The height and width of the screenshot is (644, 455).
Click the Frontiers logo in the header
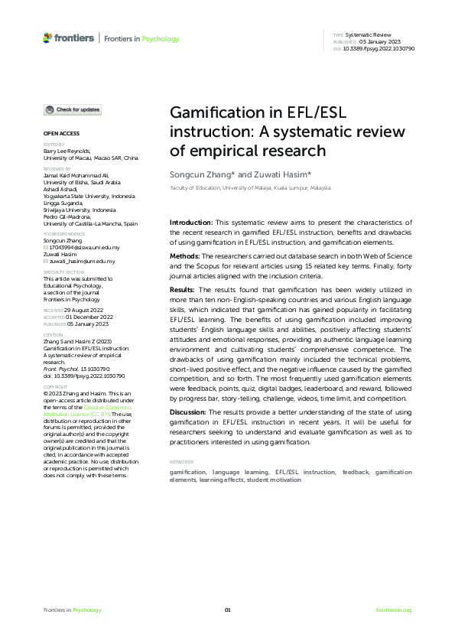click(x=69, y=38)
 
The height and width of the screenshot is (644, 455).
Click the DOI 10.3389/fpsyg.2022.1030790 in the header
click(x=380, y=48)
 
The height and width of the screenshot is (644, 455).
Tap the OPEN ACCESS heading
click(x=58, y=133)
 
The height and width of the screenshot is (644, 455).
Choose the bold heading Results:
click(x=184, y=290)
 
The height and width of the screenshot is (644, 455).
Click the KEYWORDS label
click(x=181, y=462)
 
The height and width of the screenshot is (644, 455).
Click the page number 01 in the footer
click(x=227, y=610)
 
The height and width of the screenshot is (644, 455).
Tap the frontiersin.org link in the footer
click(x=394, y=610)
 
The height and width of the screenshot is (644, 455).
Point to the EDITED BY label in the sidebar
click(x=54, y=144)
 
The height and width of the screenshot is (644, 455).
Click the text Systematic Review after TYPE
click(x=370, y=36)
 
